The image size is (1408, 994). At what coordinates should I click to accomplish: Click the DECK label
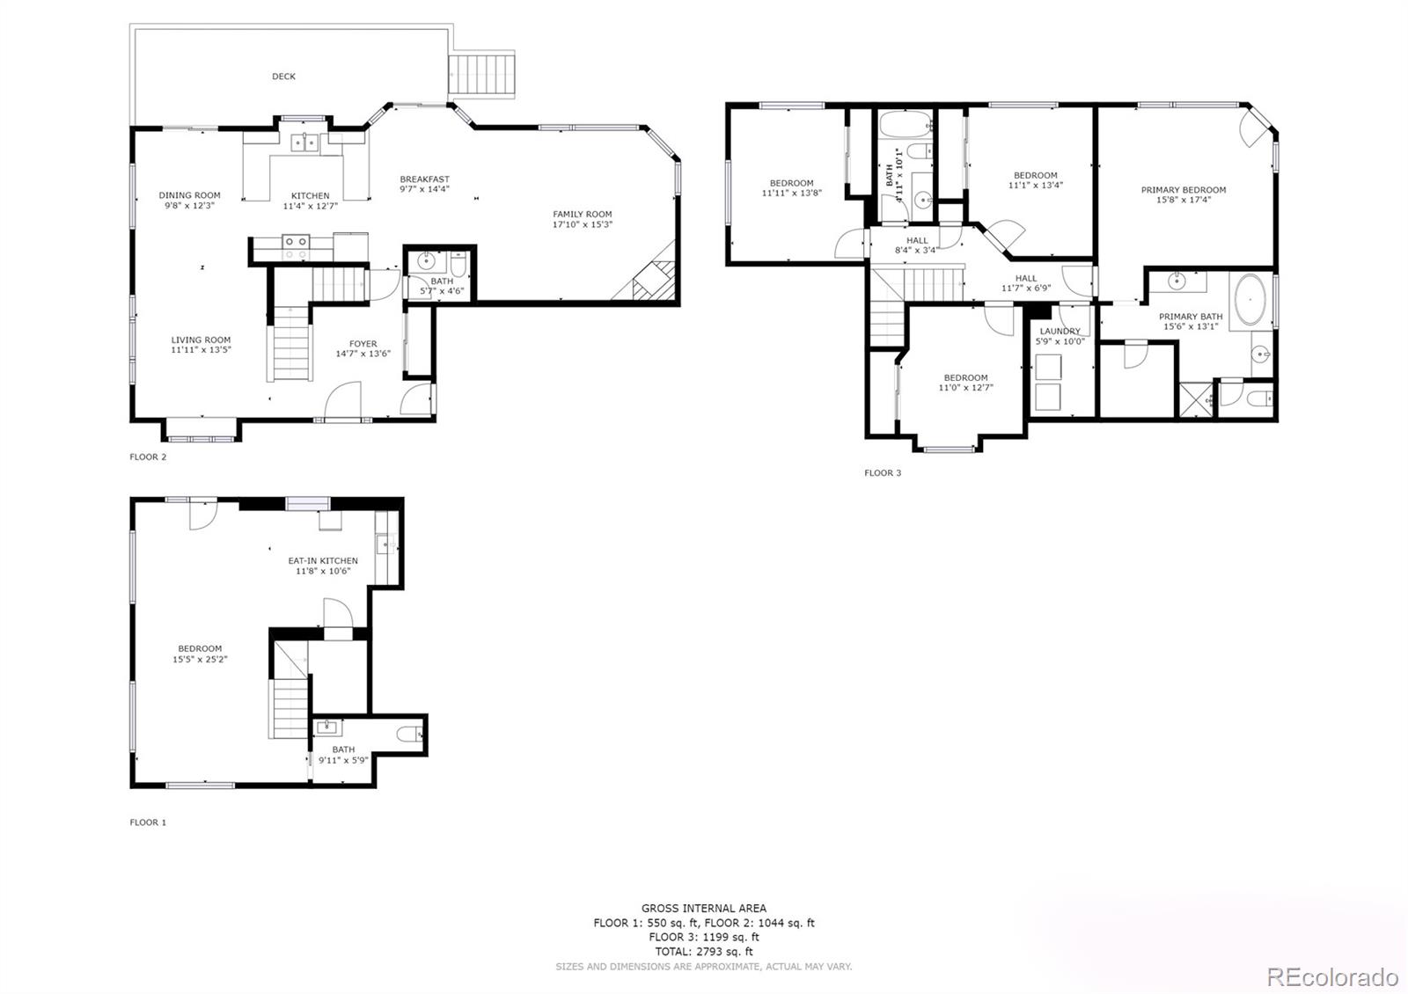click(283, 77)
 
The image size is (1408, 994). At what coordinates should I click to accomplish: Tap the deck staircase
click(481, 76)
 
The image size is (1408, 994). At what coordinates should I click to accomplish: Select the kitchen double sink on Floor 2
click(304, 142)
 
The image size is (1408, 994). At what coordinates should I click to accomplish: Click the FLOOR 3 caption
click(883, 473)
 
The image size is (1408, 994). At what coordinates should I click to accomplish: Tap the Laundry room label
click(1060, 332)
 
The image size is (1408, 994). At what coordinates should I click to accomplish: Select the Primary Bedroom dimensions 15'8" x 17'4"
click(1184, 200)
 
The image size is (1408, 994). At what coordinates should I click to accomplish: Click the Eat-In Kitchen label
click(323, 560)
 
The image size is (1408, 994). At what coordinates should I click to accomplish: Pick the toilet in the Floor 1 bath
click(410, 735)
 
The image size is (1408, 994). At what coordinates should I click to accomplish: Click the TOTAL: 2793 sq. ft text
click(703, 951)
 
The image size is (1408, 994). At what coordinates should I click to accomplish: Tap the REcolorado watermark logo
click(1331, 976)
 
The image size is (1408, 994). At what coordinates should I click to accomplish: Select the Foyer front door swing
click(343, 401)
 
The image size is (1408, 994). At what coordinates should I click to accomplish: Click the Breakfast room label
click(424, 179)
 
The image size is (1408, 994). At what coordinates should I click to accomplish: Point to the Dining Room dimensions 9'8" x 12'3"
click(189, 205)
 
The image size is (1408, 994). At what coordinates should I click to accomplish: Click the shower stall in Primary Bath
click(1196, 398)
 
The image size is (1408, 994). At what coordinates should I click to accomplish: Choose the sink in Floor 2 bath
click(427, 261)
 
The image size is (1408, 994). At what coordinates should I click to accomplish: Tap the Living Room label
click(201, 340)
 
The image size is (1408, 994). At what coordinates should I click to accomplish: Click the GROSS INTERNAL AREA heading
click(703, 908)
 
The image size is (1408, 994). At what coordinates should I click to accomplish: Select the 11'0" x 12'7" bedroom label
click(965, 377)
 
